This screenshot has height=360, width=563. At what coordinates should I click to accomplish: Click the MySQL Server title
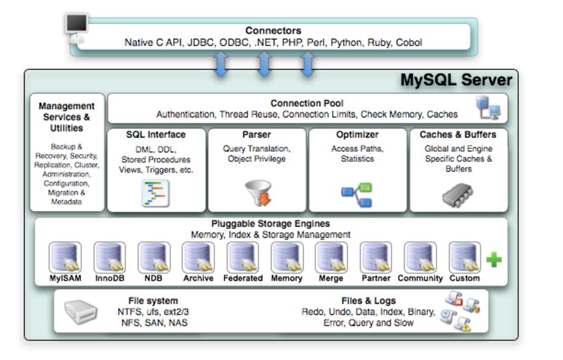click(x=456, y=80)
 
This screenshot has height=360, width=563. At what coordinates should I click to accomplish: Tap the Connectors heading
click(x=274, y=31)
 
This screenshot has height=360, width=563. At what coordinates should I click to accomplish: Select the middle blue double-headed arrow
click(x=264, y=64)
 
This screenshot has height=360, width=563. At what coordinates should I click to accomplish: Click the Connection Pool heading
click(x=307, y=103)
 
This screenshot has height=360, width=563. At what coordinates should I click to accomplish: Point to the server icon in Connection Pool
click(x=488, y=107)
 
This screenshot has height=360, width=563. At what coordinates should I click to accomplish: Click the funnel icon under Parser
click(x=258, y=193)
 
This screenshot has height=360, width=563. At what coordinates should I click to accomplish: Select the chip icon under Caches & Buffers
click(x=458, y=195)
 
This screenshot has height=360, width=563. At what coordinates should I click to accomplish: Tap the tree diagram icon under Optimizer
click(x=357, y=195)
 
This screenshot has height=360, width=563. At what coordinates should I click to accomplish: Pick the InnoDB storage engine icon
click(x=110, y=257)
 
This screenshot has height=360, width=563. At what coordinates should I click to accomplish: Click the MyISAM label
click(x=65, y=279)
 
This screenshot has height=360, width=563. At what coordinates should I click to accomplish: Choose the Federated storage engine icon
click(x=243, y=257)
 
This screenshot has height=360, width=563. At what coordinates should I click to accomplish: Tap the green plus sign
click(x=494, y=260)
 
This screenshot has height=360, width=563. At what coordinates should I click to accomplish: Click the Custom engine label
click(x=464, y=279)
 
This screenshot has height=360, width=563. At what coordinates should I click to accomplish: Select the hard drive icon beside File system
click(x=80, y=312)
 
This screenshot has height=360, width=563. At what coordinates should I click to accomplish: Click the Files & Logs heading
click(x=369, y=301)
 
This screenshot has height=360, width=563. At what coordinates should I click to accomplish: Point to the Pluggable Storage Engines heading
click(x=270, y=223)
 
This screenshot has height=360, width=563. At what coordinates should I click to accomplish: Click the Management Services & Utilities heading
click(x=67, y=117)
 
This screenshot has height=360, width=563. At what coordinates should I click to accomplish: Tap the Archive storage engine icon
click(x=198, y=257)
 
